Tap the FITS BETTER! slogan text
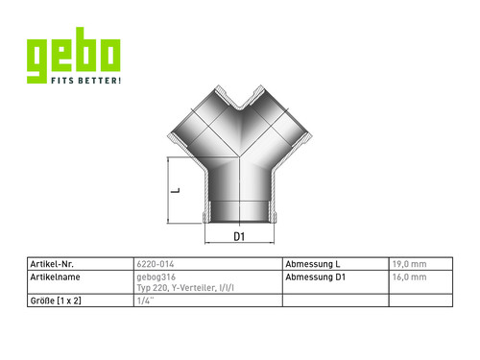click(86, 81)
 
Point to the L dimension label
click(176, 190)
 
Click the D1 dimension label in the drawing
click(239, 237)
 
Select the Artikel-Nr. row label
click(52, 264)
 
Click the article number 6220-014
click(156, 264)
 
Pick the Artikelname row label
click(55, 277)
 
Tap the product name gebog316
click(156, 277)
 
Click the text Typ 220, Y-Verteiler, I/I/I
click(185, 288)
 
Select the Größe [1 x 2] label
click(56, 300)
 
